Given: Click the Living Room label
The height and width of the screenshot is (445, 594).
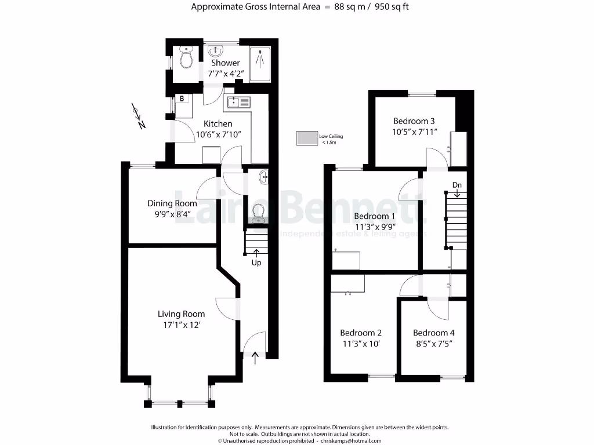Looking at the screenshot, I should (181, 314).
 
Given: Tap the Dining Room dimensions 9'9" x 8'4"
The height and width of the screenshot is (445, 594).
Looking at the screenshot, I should (172, 214).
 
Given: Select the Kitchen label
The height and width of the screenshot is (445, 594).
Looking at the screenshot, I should (218, 123).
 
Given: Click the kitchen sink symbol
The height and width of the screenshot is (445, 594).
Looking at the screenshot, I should (238, 103).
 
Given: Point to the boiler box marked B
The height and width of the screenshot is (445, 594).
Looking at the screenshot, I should (182, 99).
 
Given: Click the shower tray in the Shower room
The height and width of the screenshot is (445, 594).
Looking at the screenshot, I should (261, 60).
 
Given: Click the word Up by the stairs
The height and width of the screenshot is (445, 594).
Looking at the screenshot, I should (256, 262).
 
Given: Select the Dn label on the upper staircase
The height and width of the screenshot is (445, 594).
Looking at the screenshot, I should (457, 185).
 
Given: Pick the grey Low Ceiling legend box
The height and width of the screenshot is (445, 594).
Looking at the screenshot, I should (306, 138).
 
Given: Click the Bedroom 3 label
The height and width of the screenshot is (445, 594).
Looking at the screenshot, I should (414, 121).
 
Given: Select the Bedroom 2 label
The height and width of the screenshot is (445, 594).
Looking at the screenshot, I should (361, 333).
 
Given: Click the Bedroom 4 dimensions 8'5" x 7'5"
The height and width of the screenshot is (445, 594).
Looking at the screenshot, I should (433, 344).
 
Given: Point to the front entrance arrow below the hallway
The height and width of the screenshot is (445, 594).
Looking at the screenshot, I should (256, 358).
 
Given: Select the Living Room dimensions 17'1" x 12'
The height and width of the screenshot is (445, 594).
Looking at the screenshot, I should (181, 326).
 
